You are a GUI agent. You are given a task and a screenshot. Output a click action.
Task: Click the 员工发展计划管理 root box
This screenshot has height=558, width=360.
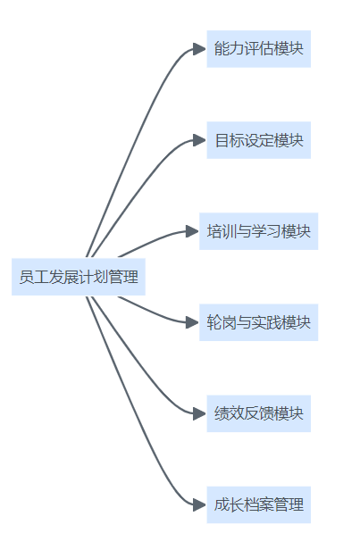[79, 277]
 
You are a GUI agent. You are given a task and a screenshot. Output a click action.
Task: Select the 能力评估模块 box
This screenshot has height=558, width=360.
[258, 49]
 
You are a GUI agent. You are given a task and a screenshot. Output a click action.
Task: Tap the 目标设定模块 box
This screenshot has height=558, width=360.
[258, 140]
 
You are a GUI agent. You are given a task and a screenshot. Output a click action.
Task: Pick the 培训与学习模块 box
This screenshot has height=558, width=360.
[258, 231]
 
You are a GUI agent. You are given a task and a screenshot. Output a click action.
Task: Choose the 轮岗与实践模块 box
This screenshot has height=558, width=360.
[258, 322]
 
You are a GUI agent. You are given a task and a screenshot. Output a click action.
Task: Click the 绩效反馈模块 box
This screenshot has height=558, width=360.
[258, 413]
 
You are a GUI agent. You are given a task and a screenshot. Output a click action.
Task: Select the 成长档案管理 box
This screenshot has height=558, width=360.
[258, 504]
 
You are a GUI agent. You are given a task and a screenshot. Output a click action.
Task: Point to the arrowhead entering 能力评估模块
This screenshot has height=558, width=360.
[199, 49]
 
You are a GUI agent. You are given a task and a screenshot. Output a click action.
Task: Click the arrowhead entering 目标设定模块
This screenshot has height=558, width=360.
[199, 140]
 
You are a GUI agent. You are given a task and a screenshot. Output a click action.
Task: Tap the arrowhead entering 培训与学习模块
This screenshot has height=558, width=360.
[192, 231]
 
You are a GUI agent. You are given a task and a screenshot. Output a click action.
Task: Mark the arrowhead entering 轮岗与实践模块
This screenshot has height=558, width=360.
[192, 322]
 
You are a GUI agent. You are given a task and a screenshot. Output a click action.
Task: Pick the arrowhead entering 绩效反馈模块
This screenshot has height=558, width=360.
[199, 413]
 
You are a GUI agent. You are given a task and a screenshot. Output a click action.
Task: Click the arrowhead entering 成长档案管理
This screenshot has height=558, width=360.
[199, 504]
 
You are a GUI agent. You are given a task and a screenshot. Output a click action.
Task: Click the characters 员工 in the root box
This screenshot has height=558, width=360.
[34, 277]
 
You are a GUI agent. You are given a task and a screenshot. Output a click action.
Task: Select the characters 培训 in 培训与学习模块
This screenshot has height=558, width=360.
[222, 231]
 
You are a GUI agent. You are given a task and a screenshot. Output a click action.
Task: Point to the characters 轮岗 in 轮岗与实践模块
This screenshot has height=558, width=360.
[222, 322]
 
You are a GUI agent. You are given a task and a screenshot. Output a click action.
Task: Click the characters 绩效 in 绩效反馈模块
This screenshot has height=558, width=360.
[229, 413]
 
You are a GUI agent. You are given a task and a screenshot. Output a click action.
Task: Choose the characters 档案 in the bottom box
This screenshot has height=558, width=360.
[258, 504]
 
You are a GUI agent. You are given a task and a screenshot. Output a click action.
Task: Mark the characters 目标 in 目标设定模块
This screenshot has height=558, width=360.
[229, 140]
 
